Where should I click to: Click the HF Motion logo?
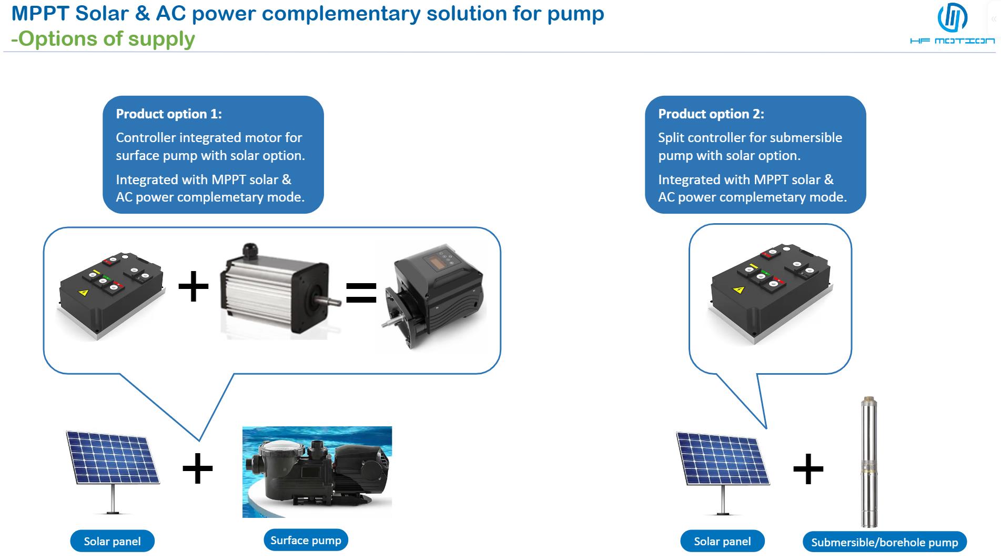tap(952, 24)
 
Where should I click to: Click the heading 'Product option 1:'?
tap(169, 114)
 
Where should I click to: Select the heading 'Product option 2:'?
tap(711, 114)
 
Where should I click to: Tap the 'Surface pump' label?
tap(306, 540)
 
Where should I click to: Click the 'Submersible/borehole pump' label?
tap(885, 542)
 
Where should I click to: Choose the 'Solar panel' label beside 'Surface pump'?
tap(112, 541)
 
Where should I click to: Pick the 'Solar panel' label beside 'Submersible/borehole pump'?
tap(722, 541)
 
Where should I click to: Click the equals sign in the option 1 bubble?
tap(361, 293)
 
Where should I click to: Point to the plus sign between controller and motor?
tap(194, 287)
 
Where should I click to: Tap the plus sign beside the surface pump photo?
tap(197, 468)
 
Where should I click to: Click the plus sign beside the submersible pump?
tap(808, 468)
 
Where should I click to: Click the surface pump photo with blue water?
tap(317, 472)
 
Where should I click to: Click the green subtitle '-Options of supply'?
tap(103, 39)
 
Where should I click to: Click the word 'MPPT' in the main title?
tap(40, 13)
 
